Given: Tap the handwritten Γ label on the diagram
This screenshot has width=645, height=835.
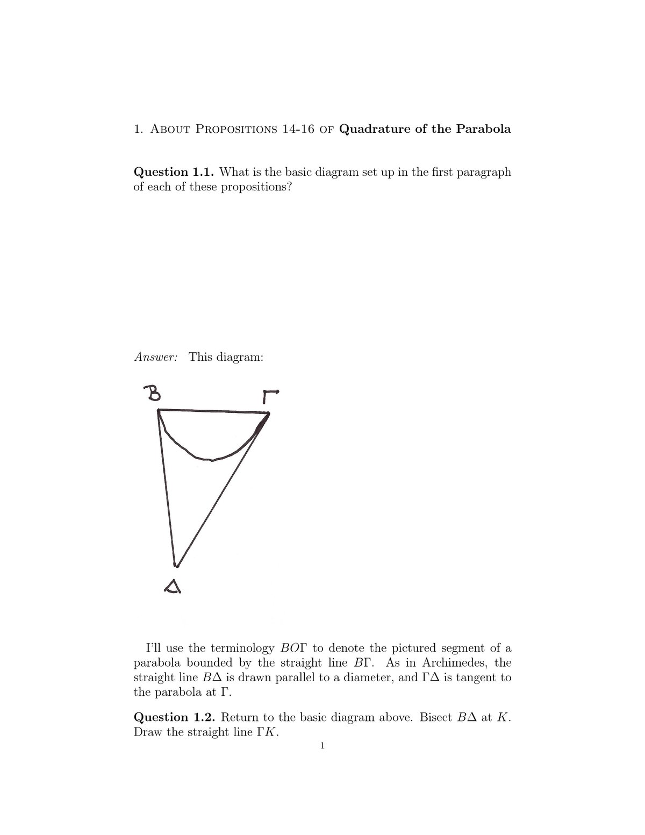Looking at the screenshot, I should pyautogui.click(x=270, y=396).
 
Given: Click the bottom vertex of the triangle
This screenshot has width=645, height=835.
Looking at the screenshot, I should pyautogui.click(x=176, y=565).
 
